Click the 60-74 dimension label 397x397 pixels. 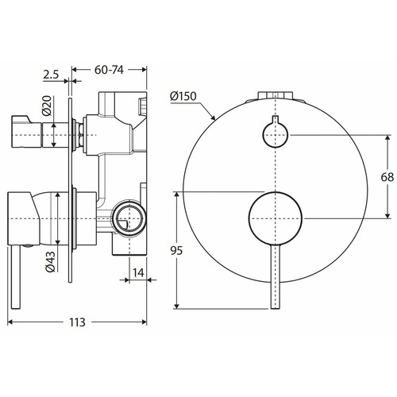(x=109, y=70)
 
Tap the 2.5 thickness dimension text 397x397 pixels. (x=51, y=75)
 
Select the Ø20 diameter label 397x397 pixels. (x=47, y=106)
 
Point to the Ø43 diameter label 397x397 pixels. (x=50, y=262)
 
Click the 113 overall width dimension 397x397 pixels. (x=77, y=322)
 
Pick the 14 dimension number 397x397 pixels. (x=138, y=272)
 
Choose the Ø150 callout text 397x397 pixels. (x=183, y=96)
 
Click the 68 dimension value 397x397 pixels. (x=387, y=177)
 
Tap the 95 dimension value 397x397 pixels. (x=176, y=250)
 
